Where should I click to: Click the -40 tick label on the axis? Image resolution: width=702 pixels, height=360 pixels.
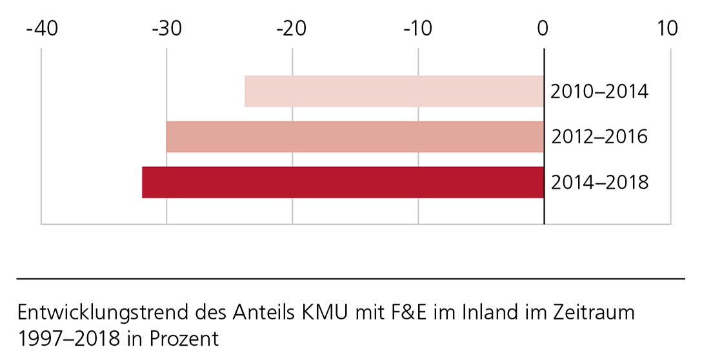point(41,28)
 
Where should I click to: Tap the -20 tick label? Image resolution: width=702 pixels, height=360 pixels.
point(292,28)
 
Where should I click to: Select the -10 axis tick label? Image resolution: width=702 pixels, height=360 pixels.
point(417,28)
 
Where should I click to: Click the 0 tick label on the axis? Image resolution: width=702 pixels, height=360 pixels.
point(543,28)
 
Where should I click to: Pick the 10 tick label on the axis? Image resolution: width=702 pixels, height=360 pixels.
point(669,28)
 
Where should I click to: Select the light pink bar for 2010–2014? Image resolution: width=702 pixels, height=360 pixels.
point(394,91)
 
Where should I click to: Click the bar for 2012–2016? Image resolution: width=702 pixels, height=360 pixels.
point(355,137)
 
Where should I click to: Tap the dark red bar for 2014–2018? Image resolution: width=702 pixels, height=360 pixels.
point(343,182)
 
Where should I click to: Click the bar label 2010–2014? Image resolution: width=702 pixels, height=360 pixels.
point(599,92)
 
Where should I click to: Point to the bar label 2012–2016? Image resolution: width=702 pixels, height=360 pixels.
point(599,137)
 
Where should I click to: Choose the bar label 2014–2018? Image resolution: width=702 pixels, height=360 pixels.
point(599,183)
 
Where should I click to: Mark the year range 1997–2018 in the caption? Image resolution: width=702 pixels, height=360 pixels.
point(68,339)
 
